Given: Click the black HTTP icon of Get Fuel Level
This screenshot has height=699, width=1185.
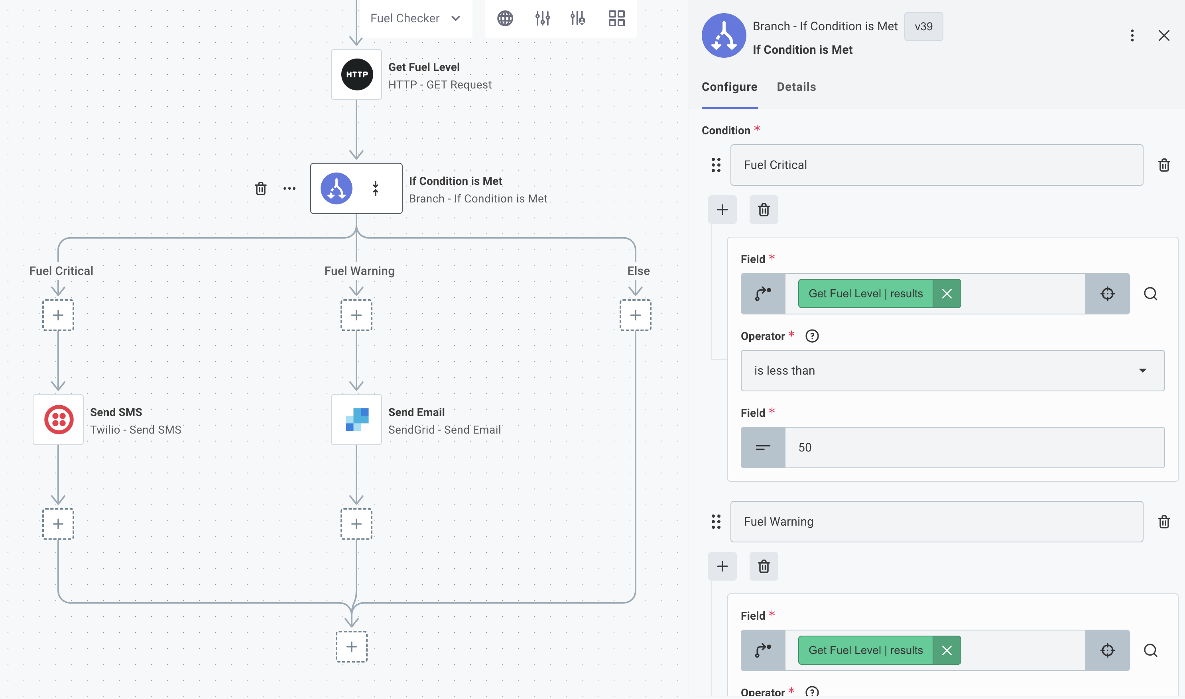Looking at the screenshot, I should coord(357,75).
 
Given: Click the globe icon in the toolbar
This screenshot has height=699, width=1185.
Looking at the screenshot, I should coord(505,18).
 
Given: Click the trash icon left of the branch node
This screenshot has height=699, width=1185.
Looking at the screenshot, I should coord(260,188).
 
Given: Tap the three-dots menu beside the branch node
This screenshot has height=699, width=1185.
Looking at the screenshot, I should coord(289,188).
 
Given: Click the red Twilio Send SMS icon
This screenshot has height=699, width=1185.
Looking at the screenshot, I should coord(59,419).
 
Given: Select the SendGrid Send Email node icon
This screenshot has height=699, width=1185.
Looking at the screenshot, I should coord(357,419).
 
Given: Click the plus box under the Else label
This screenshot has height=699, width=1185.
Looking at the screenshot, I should coord(635,315).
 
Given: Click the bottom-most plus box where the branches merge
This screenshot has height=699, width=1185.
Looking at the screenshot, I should coord(352,646).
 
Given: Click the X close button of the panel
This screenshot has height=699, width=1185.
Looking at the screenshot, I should coord(1164,35).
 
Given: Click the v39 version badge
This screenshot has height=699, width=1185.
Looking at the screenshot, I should coord(923,26).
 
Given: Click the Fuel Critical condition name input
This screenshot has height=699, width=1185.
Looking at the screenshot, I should coord(936,165).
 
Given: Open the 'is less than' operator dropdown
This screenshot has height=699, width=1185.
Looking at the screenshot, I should coord(952,370).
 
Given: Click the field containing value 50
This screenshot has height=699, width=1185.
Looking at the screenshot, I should coord(974,447).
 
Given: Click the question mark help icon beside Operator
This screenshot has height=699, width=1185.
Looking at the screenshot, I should coord(812,336).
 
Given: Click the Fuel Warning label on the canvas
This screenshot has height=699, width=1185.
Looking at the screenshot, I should coord(359,271).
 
